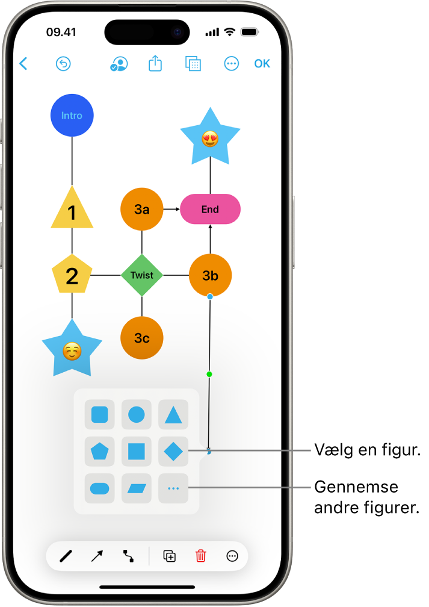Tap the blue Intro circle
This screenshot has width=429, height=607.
[x=72, y=116]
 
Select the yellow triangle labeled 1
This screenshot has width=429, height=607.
[x=72, y=211]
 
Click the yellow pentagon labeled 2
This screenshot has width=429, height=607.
[x=72, y=275]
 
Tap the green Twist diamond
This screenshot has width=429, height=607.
[x=142, y=275]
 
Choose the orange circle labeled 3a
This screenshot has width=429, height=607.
[x=142, y=210]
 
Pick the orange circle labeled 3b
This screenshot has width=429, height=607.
[x=210, y=275]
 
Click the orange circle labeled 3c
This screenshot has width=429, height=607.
[x=142, y=338]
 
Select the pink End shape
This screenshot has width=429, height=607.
[x=210, y=210]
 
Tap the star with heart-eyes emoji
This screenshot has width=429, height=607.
[x=210, y=139]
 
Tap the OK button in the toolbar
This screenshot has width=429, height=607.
[x=262, y=64]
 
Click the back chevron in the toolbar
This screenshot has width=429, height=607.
[x=23, y=64]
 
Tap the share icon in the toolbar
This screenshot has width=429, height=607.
[x=155, y=64]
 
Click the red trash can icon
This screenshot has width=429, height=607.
[x=201, y=556]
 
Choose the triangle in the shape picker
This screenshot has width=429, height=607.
[x=173, y=415]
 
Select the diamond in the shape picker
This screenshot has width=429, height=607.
[x=173, y=451]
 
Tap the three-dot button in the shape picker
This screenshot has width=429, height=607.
[x=173, y=488]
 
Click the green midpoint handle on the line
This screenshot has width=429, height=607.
[x=209, y=375]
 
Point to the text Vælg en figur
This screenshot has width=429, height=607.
[x=367, y=450]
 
